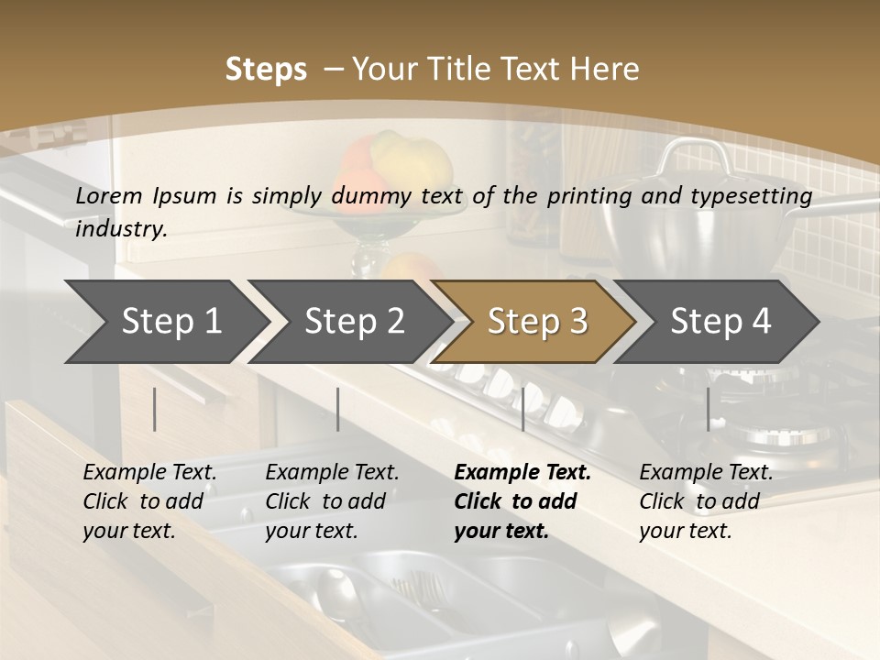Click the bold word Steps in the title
(x=266, y=70)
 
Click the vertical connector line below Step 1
(x=155, y=409)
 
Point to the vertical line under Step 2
(x=338, y=409)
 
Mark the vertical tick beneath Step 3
(x=523, y=409)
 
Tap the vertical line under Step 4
(x=709, y=409)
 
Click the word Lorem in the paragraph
(x=109, y=195)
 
